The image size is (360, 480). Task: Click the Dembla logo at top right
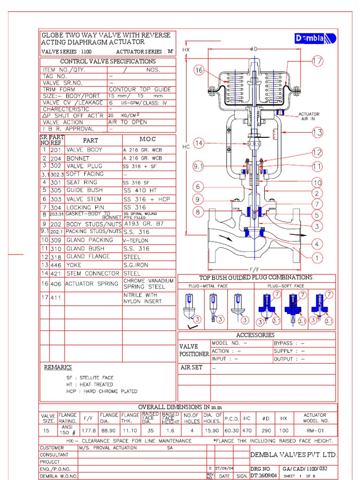click(x=315, y=39)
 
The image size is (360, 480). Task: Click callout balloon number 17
click(x=317, y=61)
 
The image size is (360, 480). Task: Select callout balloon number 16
click(x=199, y=70)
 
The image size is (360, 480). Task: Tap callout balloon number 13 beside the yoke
click(x=318, y=133)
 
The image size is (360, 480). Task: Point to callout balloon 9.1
click(x=199, y=165)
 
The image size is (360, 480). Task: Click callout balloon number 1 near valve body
click(x=318, y=258)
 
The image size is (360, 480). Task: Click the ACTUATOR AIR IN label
click(x=309, y=116)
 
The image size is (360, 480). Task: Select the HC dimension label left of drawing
click(x=186, y=147)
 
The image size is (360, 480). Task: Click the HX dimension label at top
click(x=186, y=49)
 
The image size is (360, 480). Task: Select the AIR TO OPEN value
click(x=127, y=122)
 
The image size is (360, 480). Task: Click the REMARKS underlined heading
click(x=58, y=367)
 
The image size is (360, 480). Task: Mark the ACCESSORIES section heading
click(x=255, y=335)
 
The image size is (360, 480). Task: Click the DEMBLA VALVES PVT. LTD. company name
click(x=293, y=455)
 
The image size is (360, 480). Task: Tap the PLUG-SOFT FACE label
click(x=285, y=285)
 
